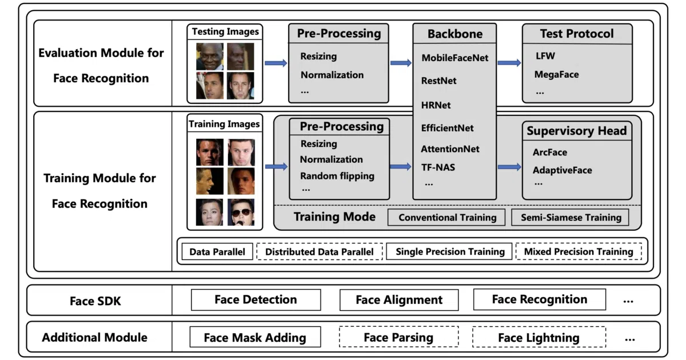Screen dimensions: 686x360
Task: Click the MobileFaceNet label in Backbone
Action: coord(455,58)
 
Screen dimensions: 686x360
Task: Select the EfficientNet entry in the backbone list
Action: coord(447,128)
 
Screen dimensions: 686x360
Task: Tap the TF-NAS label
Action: coord(438,167)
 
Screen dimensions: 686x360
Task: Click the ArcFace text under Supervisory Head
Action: coord(550,152)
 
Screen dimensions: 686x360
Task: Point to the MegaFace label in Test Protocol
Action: coord(556,74)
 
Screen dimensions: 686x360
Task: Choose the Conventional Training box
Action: coord(446,217)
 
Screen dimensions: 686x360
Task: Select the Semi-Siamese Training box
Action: coord(571,217)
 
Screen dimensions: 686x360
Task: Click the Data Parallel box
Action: coord(217,251)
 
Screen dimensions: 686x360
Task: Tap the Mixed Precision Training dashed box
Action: coord(579,251)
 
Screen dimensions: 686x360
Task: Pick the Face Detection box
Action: coord(256,299)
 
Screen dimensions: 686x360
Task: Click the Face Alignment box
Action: coord(399,299)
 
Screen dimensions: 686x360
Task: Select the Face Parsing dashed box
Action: coord(399,337)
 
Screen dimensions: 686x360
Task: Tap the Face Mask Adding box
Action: coord(255,337)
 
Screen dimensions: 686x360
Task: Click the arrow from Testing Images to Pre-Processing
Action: coord(276,63)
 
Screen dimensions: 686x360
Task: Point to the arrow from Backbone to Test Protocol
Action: coord(509,63)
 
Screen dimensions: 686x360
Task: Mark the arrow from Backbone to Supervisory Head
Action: coord(509,167)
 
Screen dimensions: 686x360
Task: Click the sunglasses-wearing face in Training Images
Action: coord(241,212)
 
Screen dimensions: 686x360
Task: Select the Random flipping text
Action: coord(337,176)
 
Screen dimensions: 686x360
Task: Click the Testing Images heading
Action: coord(225,31)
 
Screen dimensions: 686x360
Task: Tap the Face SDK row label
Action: coord(95,301)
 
